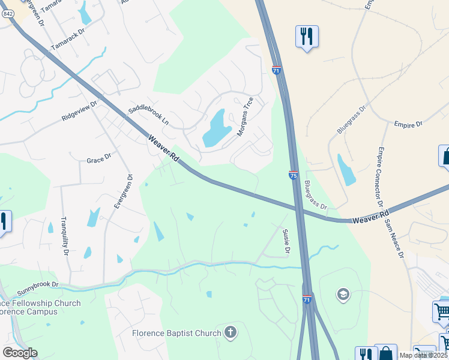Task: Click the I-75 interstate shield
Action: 293,175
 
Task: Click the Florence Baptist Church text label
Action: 177,333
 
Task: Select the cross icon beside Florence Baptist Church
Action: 230,332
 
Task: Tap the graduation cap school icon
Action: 343,294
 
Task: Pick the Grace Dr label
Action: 99,160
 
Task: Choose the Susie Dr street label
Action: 286,241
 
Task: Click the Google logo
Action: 20,353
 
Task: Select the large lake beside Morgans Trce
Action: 217,128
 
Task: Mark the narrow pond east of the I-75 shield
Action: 346,170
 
